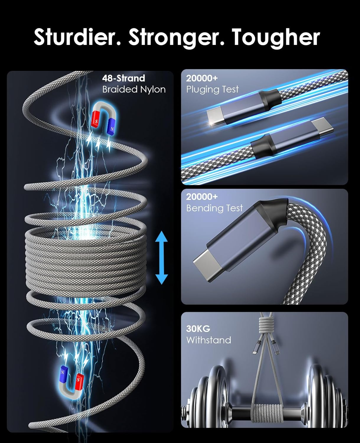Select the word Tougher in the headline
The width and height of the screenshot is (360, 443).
276,38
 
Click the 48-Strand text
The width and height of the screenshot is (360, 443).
123,78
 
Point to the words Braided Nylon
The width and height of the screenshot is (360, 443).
134,89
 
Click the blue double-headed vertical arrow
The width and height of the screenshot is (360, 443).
161,258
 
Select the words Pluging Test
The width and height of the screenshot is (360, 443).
212,90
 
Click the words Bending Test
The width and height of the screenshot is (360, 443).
214,208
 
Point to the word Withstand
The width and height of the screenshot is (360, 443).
208,340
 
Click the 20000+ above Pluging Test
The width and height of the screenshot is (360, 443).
202,78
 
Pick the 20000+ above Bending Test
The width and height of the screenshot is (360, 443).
202,197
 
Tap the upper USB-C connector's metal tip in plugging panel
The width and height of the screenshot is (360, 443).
215,118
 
